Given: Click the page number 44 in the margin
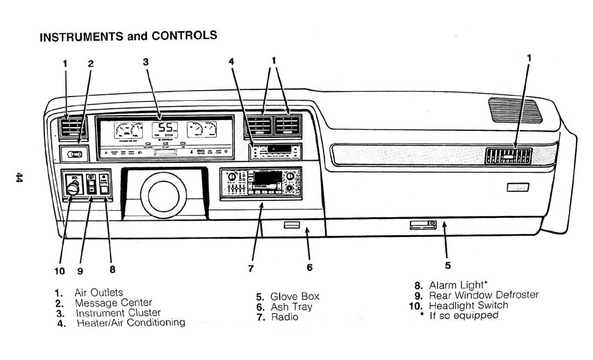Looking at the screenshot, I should click(19, 178).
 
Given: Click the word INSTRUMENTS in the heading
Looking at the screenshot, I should click(82, 37).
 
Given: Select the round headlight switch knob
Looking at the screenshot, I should click(73, 189).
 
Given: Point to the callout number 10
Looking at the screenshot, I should click(59, 271).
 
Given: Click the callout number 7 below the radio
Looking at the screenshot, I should click(251, 269).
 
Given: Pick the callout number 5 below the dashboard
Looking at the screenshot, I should click(448, 265).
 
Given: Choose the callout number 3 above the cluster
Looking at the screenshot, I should click(146, 61).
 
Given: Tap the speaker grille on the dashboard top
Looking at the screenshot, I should click(515, 110).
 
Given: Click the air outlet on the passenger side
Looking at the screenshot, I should click(508, 156).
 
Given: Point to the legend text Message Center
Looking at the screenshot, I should click(113, 303).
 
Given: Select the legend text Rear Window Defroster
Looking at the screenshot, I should click(484, 295).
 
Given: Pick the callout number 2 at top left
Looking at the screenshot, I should click(91, 63).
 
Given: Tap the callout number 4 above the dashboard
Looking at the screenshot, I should click(231, 61).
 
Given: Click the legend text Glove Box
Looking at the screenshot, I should click(295, 296).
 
